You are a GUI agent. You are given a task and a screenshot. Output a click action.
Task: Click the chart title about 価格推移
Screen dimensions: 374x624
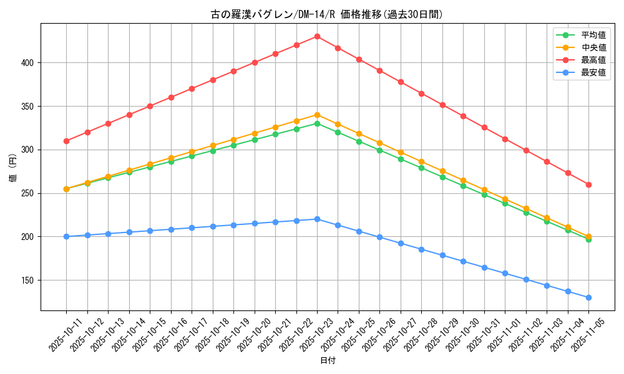coord(328,14)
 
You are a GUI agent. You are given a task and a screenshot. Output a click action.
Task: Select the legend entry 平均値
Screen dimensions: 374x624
coord(593,35)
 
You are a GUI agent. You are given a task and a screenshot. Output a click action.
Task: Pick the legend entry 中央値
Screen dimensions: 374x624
coord(593,47)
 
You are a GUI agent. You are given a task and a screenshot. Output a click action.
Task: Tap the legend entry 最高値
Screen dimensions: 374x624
coord(593,60)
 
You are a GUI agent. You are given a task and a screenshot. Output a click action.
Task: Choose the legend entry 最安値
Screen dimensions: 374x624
coord(593,72)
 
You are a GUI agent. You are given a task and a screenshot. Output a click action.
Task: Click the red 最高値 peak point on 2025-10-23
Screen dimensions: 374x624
coord(317,36)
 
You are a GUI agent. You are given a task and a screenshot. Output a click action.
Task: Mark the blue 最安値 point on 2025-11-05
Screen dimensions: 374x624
coord(588,297)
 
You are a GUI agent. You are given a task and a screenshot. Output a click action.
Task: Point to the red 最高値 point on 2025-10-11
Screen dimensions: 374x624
coord(66,141)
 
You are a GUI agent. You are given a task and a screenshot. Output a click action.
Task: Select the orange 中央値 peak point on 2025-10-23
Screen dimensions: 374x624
coord(317,115)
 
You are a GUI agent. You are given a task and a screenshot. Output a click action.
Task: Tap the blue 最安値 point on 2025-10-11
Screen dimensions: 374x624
coord(66,236)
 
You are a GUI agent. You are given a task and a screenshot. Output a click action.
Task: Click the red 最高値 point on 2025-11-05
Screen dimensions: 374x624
coord(588,185)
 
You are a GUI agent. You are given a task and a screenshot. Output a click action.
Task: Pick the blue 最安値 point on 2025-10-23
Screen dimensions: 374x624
coord(317,219)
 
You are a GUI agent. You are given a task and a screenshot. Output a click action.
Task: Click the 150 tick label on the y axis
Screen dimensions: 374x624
coord(29,280)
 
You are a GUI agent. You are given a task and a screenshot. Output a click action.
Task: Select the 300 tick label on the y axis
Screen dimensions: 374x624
coord(29,150)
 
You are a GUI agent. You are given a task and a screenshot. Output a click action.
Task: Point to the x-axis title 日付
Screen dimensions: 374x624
coord(328,361)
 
